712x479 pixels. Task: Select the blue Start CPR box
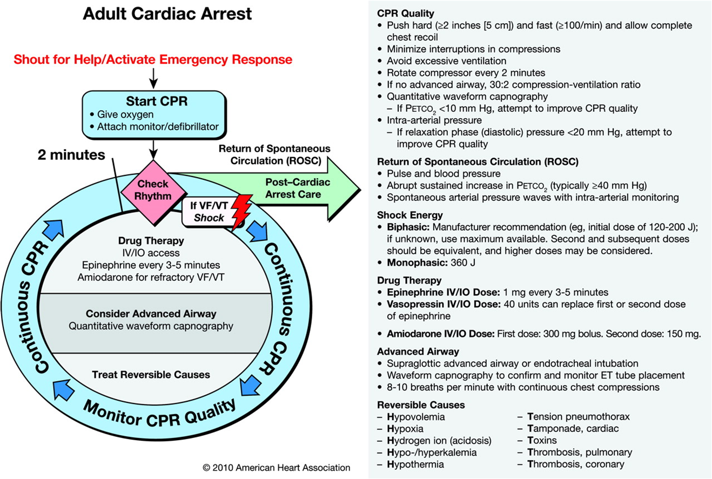click(x=153, y=113)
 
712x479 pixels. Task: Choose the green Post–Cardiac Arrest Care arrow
click(x=292, y=188)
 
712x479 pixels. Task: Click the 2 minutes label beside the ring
click(x=71, y=156)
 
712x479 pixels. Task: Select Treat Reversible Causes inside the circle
click(x=151, y=374)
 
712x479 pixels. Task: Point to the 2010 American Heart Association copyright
click(x=276, y=468)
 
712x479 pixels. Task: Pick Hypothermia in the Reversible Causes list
click(x=415, y=464)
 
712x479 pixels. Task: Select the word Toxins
click(x=542, y=440)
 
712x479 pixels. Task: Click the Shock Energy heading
click(x=410, y=215)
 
